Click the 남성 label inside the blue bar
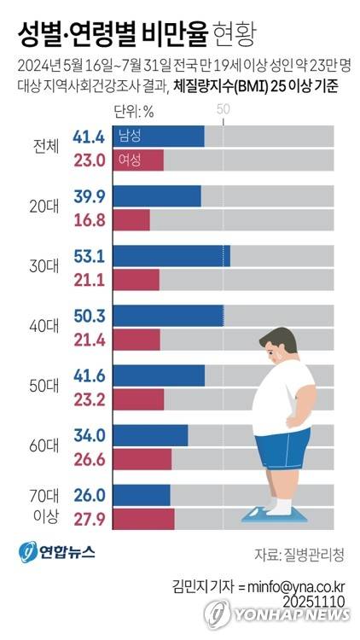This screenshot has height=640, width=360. [131, 137]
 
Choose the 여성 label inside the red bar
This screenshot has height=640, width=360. [131, 160]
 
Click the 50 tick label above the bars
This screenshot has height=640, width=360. [224, 109]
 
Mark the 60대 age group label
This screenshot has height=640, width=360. [44, 446]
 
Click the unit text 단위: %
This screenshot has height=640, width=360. [134, 109]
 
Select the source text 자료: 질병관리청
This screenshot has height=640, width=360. [299, 554]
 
